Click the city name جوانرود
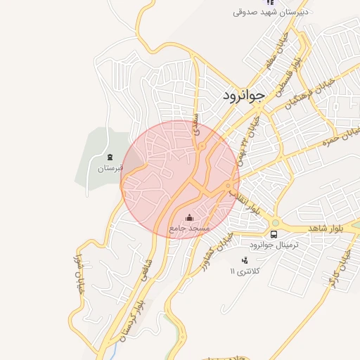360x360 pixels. [243, 96]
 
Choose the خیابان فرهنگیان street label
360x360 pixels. [307, 91]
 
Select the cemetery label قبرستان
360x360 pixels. [110, 169]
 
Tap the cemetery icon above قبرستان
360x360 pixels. [110, 157]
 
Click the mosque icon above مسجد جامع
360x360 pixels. [188, 217]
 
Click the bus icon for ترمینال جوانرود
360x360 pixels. [274, 233]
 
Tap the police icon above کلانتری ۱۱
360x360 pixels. [244, 260]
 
